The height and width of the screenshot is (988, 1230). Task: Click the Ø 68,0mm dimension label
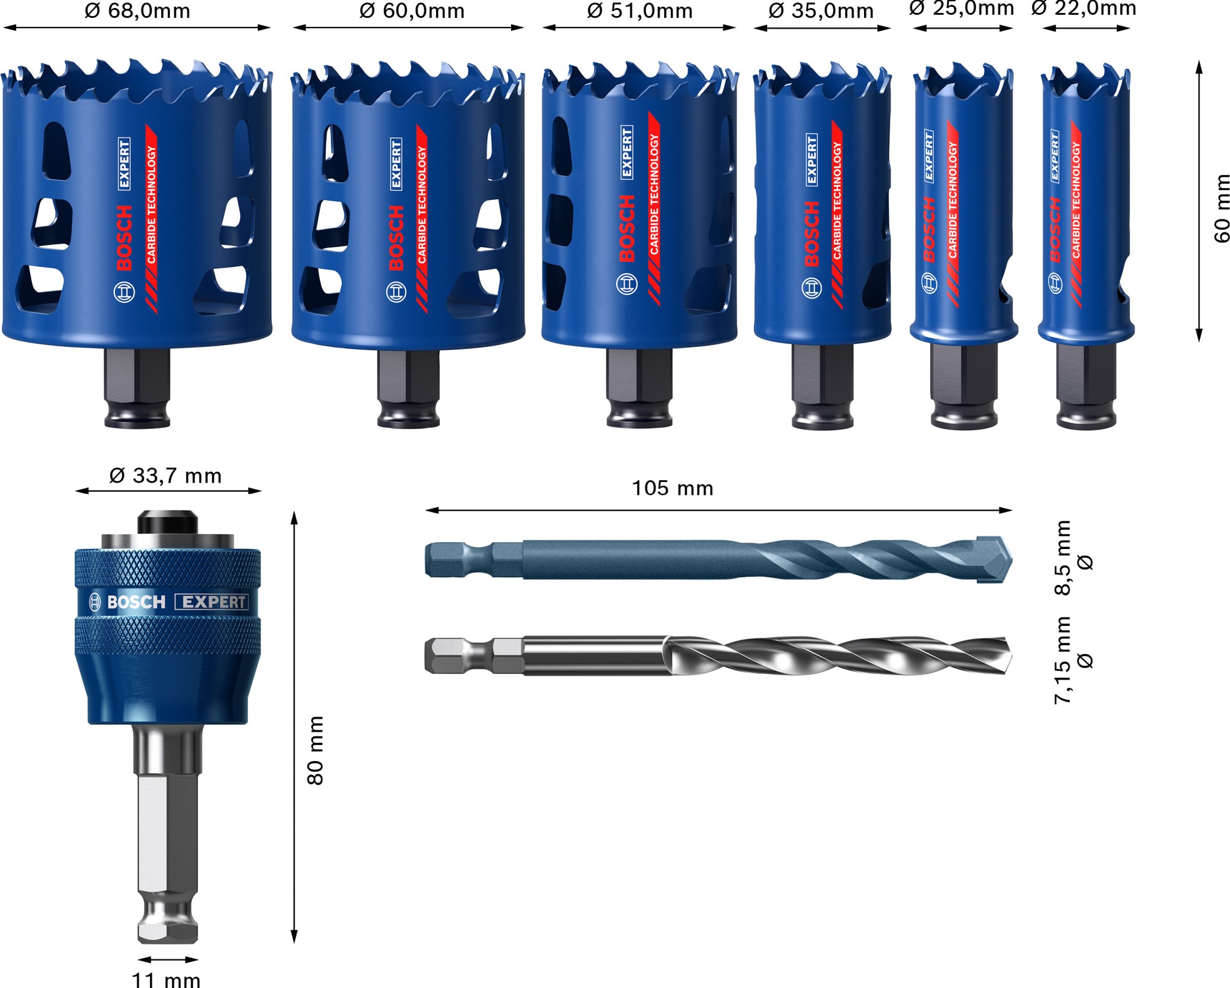pos(137,11)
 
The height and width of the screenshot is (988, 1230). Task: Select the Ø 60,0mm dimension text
pos(411,11)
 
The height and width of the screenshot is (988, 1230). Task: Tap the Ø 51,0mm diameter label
pos(640,11)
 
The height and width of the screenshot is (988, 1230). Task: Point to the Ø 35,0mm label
pos(821,11)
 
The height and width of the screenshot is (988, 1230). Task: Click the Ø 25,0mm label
pos(961,9)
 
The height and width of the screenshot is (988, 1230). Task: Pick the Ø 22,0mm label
pos(1084,9)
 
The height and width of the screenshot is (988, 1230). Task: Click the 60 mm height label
pos(1221,208)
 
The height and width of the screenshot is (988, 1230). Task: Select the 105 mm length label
pos(672,489)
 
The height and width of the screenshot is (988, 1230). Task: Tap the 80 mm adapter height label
pos(315,750)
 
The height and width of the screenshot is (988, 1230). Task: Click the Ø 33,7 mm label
pos(165,476)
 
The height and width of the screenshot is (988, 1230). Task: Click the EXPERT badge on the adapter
pos(212,602)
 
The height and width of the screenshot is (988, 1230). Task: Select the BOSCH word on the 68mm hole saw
pos(124,238)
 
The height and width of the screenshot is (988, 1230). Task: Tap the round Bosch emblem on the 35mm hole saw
pos(811,288)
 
